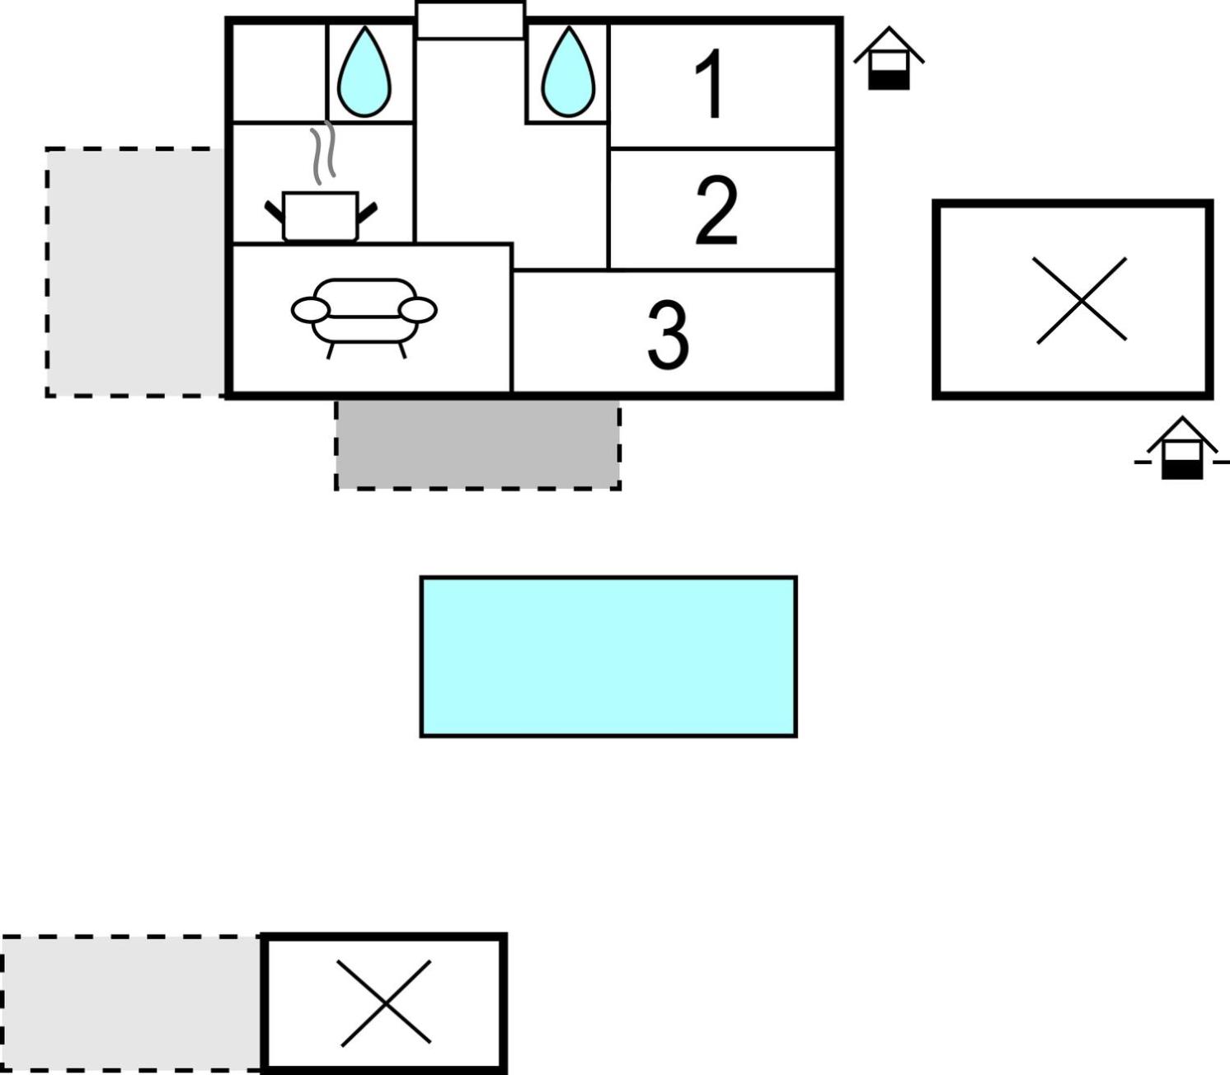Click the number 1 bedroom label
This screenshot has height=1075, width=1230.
709,83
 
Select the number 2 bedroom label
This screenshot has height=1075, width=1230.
716,210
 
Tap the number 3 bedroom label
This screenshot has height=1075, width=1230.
668,336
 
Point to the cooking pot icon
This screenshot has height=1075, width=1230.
321,217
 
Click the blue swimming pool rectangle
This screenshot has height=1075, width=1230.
608,656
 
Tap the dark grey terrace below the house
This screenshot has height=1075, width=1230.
478,445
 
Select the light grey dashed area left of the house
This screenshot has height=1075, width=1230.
136,272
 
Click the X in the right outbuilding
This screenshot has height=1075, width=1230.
1081,301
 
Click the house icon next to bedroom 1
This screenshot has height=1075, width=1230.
889,59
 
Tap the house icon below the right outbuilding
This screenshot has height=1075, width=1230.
1181,448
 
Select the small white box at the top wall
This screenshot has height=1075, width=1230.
470,21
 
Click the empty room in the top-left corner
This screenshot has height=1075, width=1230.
279,73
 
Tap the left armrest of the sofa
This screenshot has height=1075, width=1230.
310,310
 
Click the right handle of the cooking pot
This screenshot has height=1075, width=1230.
368,212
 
